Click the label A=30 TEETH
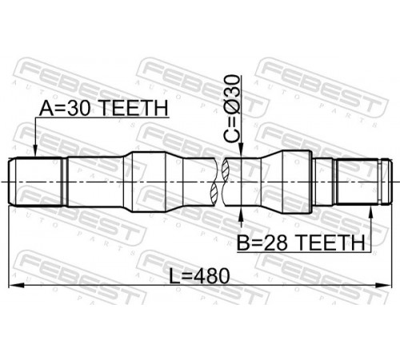point(104,108)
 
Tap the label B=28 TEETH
point(301,242)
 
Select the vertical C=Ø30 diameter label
point(232,109)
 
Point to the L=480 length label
point(199,276)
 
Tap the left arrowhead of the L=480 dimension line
point(14,286)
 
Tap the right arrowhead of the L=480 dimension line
point(386,286)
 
